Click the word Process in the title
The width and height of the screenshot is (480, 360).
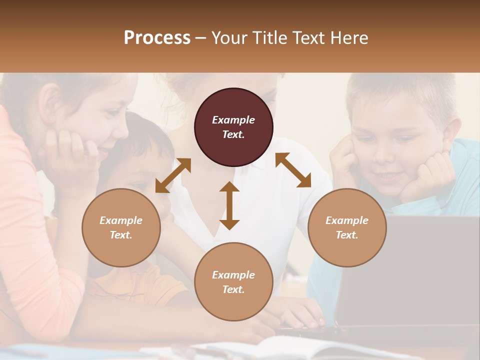coord(157,38)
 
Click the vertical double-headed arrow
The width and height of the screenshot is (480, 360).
coord(229,205)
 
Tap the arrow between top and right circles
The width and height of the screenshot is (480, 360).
coord(293,170)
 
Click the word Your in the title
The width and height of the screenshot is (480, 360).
coord(227,38)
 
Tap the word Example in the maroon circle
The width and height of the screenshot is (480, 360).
coord(233,120)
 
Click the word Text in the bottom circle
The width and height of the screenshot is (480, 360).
coord(233,289)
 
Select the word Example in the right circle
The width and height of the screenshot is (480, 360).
coord(347,220)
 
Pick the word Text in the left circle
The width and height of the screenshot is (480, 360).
coord(121,235)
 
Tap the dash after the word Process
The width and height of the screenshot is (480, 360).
coord(201,38)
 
